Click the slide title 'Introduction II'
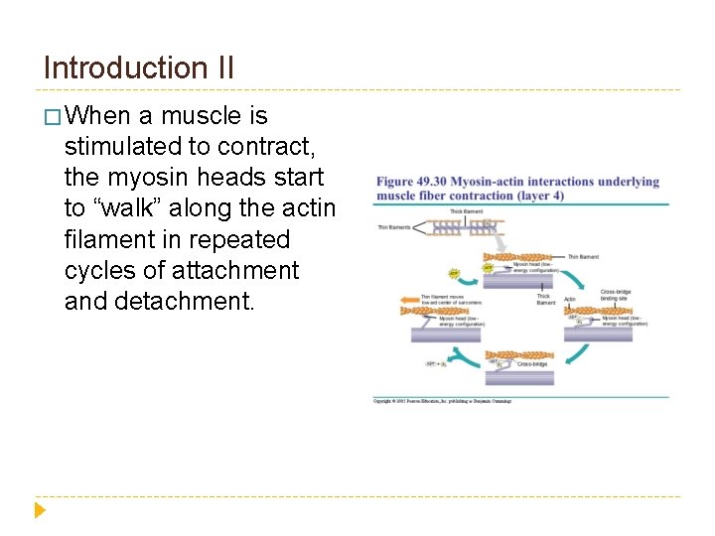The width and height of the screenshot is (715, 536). pos(139,67)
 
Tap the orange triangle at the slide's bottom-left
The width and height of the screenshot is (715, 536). pos(40,510)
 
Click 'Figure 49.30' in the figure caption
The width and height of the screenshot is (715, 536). pos(409,182)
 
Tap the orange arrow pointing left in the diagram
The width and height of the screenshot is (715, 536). pos(407,297)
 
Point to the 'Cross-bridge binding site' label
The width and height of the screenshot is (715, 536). pos(616,295)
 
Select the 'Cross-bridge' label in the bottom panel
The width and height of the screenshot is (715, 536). pos(532,364)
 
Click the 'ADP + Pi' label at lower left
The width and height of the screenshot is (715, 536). pos(436,364)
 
